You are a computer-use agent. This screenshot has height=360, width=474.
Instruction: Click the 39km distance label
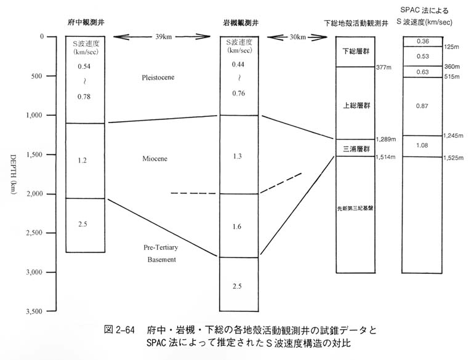[x=164, y=37]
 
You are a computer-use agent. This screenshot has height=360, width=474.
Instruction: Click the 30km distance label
[x=298, y=37]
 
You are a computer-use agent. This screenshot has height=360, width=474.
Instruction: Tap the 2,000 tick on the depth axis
[x=51, y=194]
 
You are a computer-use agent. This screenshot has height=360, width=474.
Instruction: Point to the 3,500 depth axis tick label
[x=34, y=311]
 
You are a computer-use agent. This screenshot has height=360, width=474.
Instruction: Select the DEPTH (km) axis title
[x=14, y=175]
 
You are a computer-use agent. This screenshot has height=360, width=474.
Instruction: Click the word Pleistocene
[x=158, y=78]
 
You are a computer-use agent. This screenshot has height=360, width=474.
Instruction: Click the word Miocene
[x=155, y=159]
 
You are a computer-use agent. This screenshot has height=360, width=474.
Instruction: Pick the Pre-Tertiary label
[x=161, y=247]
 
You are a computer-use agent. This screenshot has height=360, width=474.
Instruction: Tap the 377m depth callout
[x=384, y=68]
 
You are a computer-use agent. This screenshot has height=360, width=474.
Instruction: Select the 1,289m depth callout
[x=386, y=139]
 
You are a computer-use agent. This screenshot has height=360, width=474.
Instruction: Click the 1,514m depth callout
[x=385, y=157]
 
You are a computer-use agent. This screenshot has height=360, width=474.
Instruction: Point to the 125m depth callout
[x=452, y=47]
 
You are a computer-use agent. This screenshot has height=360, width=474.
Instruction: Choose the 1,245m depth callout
[x=453, y=136]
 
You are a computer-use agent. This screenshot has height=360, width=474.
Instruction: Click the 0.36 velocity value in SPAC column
[x=423, y=41]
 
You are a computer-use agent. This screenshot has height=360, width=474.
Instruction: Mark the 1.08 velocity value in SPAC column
[x=422, y=145]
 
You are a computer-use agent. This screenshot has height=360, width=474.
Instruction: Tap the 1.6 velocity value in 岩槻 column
[x=237, y=226]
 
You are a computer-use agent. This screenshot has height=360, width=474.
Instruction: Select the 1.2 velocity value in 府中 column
[x=82, y=161]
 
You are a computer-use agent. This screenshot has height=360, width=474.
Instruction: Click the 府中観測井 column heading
[x=86, y=22]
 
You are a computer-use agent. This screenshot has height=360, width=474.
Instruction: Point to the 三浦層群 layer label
[x=356, y=149]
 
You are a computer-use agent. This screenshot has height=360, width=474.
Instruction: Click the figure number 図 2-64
[x=119, y=329]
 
